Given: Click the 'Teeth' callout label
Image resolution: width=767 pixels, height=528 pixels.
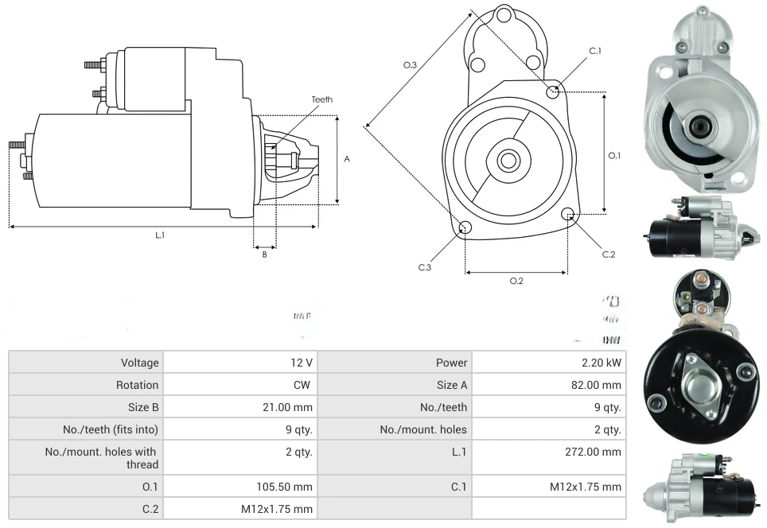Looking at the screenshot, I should pos(321,99).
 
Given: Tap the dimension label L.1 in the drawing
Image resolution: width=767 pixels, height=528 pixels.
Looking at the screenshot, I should pos(160,235).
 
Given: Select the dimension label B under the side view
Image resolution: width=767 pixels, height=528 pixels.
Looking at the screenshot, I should pos(264,254).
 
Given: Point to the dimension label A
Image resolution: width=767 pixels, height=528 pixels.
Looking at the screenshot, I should pos(347,159).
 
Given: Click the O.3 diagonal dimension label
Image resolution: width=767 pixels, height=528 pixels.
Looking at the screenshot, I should pos(411,65).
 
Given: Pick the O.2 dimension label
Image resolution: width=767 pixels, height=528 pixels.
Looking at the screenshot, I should pos(516,281).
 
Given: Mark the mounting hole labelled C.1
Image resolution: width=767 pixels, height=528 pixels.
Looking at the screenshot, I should pos(554,92).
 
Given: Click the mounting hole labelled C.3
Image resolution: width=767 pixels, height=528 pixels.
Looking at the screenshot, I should pos(465,229).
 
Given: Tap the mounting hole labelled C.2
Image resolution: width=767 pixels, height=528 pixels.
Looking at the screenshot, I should pos(568,214).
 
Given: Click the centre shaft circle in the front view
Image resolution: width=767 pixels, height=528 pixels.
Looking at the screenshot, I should pos(508,161).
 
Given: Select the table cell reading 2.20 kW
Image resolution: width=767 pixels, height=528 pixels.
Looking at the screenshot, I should pos(602,363).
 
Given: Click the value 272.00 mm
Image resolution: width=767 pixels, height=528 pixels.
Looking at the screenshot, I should pos(590,452).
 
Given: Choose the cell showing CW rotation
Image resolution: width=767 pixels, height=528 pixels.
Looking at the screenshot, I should pos(302,385).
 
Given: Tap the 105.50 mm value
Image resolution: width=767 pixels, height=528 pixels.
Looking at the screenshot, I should pos(282,487).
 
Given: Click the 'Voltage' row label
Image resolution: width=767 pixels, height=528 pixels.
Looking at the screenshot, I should pos(139,363).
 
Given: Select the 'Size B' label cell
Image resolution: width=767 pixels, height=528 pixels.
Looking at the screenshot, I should pos(139,407).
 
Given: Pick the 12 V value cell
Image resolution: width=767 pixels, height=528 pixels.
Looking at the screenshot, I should pos(301,363).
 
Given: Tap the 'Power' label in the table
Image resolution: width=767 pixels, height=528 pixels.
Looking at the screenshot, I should pos(451,363).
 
